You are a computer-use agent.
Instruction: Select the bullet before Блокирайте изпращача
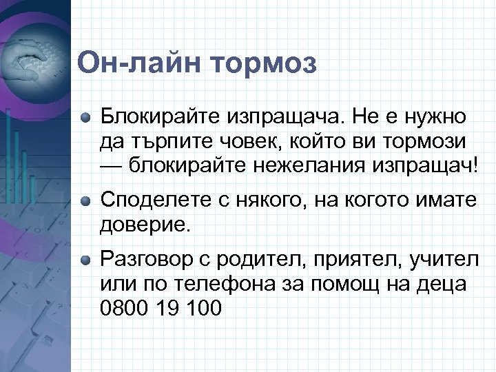click(85, 116)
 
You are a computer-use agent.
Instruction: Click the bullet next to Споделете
click(85, 200)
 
